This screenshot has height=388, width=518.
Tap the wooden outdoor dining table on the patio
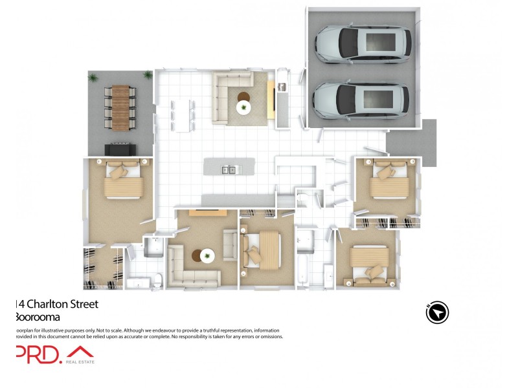pyautogui.click(x=121, y=105)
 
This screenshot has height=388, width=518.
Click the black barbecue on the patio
pyautogui.click(x=121, y=148)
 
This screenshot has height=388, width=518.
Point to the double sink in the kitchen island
pyautogui.click(x=229, y=170)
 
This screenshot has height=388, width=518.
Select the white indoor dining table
pyautogui.click(x=183, y=114)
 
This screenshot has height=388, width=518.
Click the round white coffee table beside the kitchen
pyautogui.click(x=244, y=107)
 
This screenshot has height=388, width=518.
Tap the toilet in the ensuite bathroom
pyautogui.click(x=158, y=280)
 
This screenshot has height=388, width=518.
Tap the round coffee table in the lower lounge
pyautogui.click(x=206, y=256)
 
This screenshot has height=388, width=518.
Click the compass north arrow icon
pyautogui.click(x=437, y=312)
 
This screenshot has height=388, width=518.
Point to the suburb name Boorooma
pyautogui.click(x=38, y=316)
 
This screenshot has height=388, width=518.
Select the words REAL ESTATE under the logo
pyautogui.click(x=80, y=362)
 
